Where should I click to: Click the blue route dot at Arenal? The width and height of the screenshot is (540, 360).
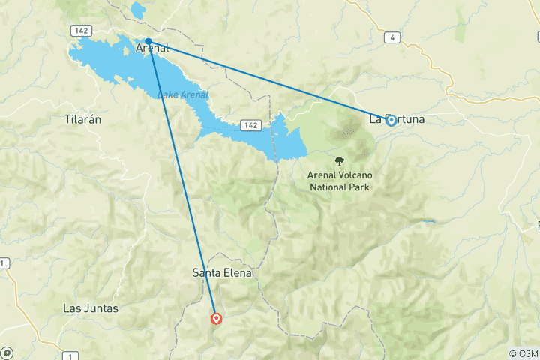coord(148,41)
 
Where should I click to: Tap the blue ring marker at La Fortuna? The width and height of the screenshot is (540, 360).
coord(391,120)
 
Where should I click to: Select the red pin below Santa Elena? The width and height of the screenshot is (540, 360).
coord(216,318)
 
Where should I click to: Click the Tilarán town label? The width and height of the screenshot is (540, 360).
coord(82,119)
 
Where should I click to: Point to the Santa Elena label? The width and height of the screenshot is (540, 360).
coord(221,274)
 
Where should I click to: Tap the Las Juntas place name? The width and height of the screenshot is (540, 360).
coord(91,307)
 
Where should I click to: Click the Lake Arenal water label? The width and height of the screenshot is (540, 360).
coord(182,94)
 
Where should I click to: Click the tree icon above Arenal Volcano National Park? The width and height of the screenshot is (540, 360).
coord(340,160)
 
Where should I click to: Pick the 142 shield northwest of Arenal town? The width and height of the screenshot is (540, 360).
coord(82,29)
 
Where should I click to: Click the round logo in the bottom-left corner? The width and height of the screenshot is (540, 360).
coord(7,352)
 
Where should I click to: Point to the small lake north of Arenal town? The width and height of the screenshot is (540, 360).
coord(139,10)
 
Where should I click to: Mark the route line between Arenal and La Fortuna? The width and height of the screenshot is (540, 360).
coord(270,81)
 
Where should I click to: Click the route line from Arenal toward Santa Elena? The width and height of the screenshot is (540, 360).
coord(182,180)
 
